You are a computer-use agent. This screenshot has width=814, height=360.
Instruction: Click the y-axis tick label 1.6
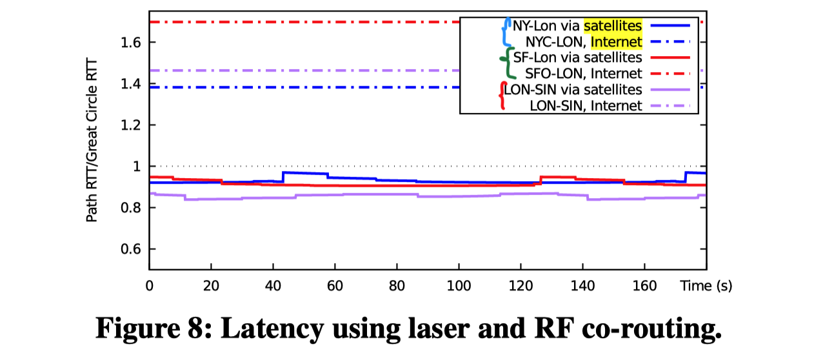click(x=130, y=43)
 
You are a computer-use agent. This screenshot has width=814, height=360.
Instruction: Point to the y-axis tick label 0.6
click(x=130, y=249)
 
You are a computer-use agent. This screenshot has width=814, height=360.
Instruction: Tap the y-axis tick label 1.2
click(x=130, y=125)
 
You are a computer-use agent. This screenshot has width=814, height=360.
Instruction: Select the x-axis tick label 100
click(x=458, y=285)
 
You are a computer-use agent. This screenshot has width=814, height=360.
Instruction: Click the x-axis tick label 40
click(x=273, y=285)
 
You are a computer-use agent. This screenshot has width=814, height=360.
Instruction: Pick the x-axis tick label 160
click(x=645, y=285)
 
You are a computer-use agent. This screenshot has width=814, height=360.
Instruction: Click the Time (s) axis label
click(x=706, y=285)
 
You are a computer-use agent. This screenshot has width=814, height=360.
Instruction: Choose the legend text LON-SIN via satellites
click(x=573, y=89)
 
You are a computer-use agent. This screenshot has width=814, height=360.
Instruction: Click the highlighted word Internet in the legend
click(x=617, y=43)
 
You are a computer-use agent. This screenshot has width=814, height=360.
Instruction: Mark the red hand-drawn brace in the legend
click(x=502, y=95)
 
